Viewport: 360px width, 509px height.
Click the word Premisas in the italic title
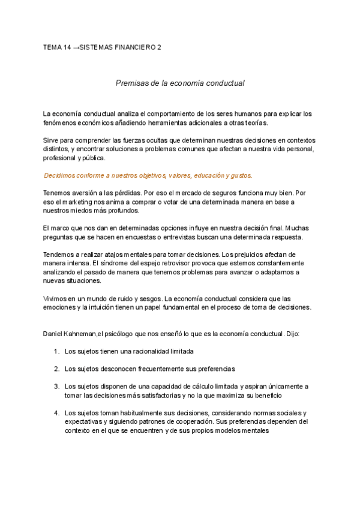pyautogui.click(x=131, y=83)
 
